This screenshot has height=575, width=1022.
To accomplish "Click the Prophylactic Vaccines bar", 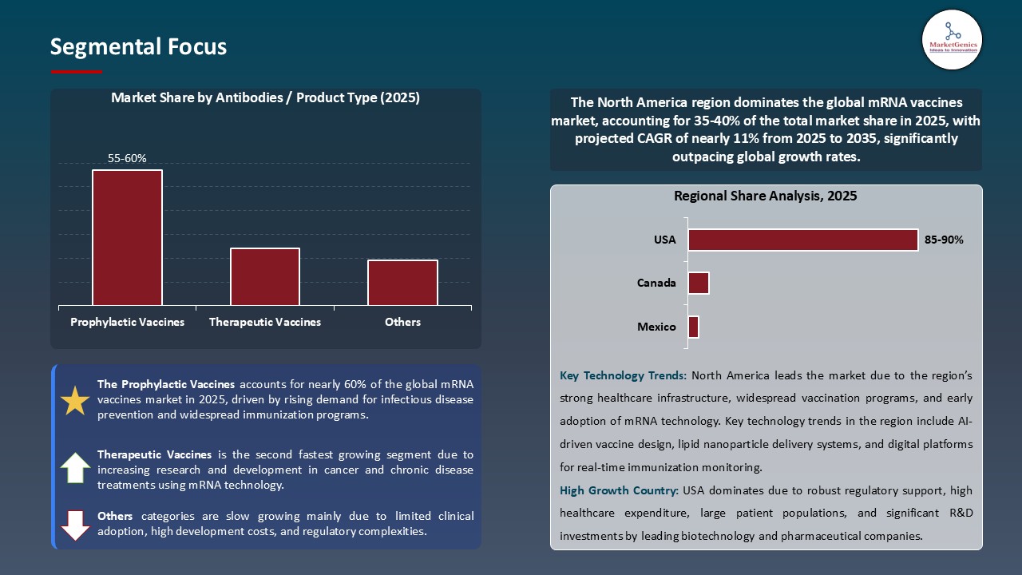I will [127, 237].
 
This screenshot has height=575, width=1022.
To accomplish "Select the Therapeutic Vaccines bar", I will [265, 276].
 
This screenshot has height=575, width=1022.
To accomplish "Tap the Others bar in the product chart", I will [402, 283].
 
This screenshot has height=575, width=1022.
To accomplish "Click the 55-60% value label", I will [127, 158].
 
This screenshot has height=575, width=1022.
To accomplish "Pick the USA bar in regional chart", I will [802, 240].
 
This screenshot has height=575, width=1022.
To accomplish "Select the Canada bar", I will [698, 283].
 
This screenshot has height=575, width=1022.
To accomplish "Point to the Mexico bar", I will [693, 327].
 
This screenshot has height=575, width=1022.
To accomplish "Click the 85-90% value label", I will [944, 240].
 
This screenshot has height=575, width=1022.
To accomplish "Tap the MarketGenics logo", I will [952, 39].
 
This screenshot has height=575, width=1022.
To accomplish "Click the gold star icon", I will [75, 401].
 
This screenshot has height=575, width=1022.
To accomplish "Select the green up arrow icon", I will [75, 468].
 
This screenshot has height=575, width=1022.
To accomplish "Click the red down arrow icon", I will [75, 525].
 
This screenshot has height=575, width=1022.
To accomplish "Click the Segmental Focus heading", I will [138, 47].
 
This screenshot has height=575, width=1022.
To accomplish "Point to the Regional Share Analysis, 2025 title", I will [765, 196].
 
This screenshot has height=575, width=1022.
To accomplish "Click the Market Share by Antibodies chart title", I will [265, 97].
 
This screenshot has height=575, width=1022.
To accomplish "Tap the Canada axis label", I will [656, 283].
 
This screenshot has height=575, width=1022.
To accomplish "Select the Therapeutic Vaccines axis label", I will [265, 322].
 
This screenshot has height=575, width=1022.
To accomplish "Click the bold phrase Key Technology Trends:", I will [623, 375].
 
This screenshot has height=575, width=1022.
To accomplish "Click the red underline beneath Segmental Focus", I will [77, 72].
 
